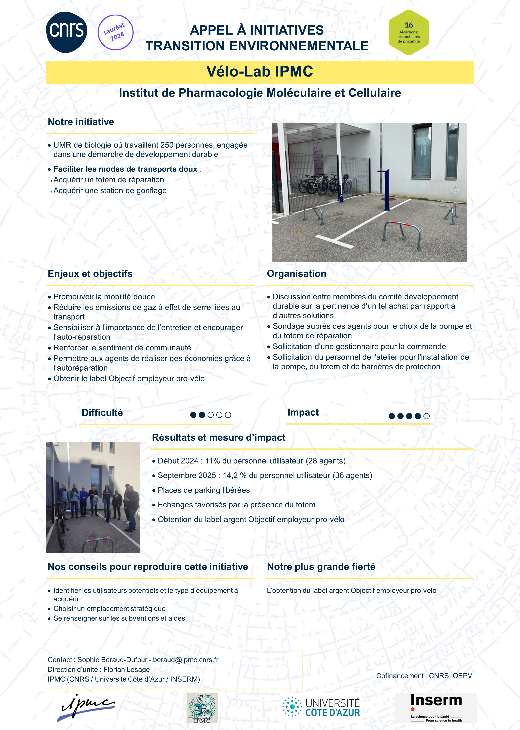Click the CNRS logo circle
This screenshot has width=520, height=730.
coord(67,32)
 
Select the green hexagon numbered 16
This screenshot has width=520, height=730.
coord(409,32)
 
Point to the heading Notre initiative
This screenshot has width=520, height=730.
coord(81,122)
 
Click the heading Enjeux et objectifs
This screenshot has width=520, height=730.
coord(90,274)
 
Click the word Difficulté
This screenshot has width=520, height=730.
coord(102,412)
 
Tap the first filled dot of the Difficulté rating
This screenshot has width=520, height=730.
coord(193,415)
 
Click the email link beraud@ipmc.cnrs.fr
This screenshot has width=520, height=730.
coord(186,660)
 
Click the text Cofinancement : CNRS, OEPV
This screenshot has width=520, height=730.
coord(424,676)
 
